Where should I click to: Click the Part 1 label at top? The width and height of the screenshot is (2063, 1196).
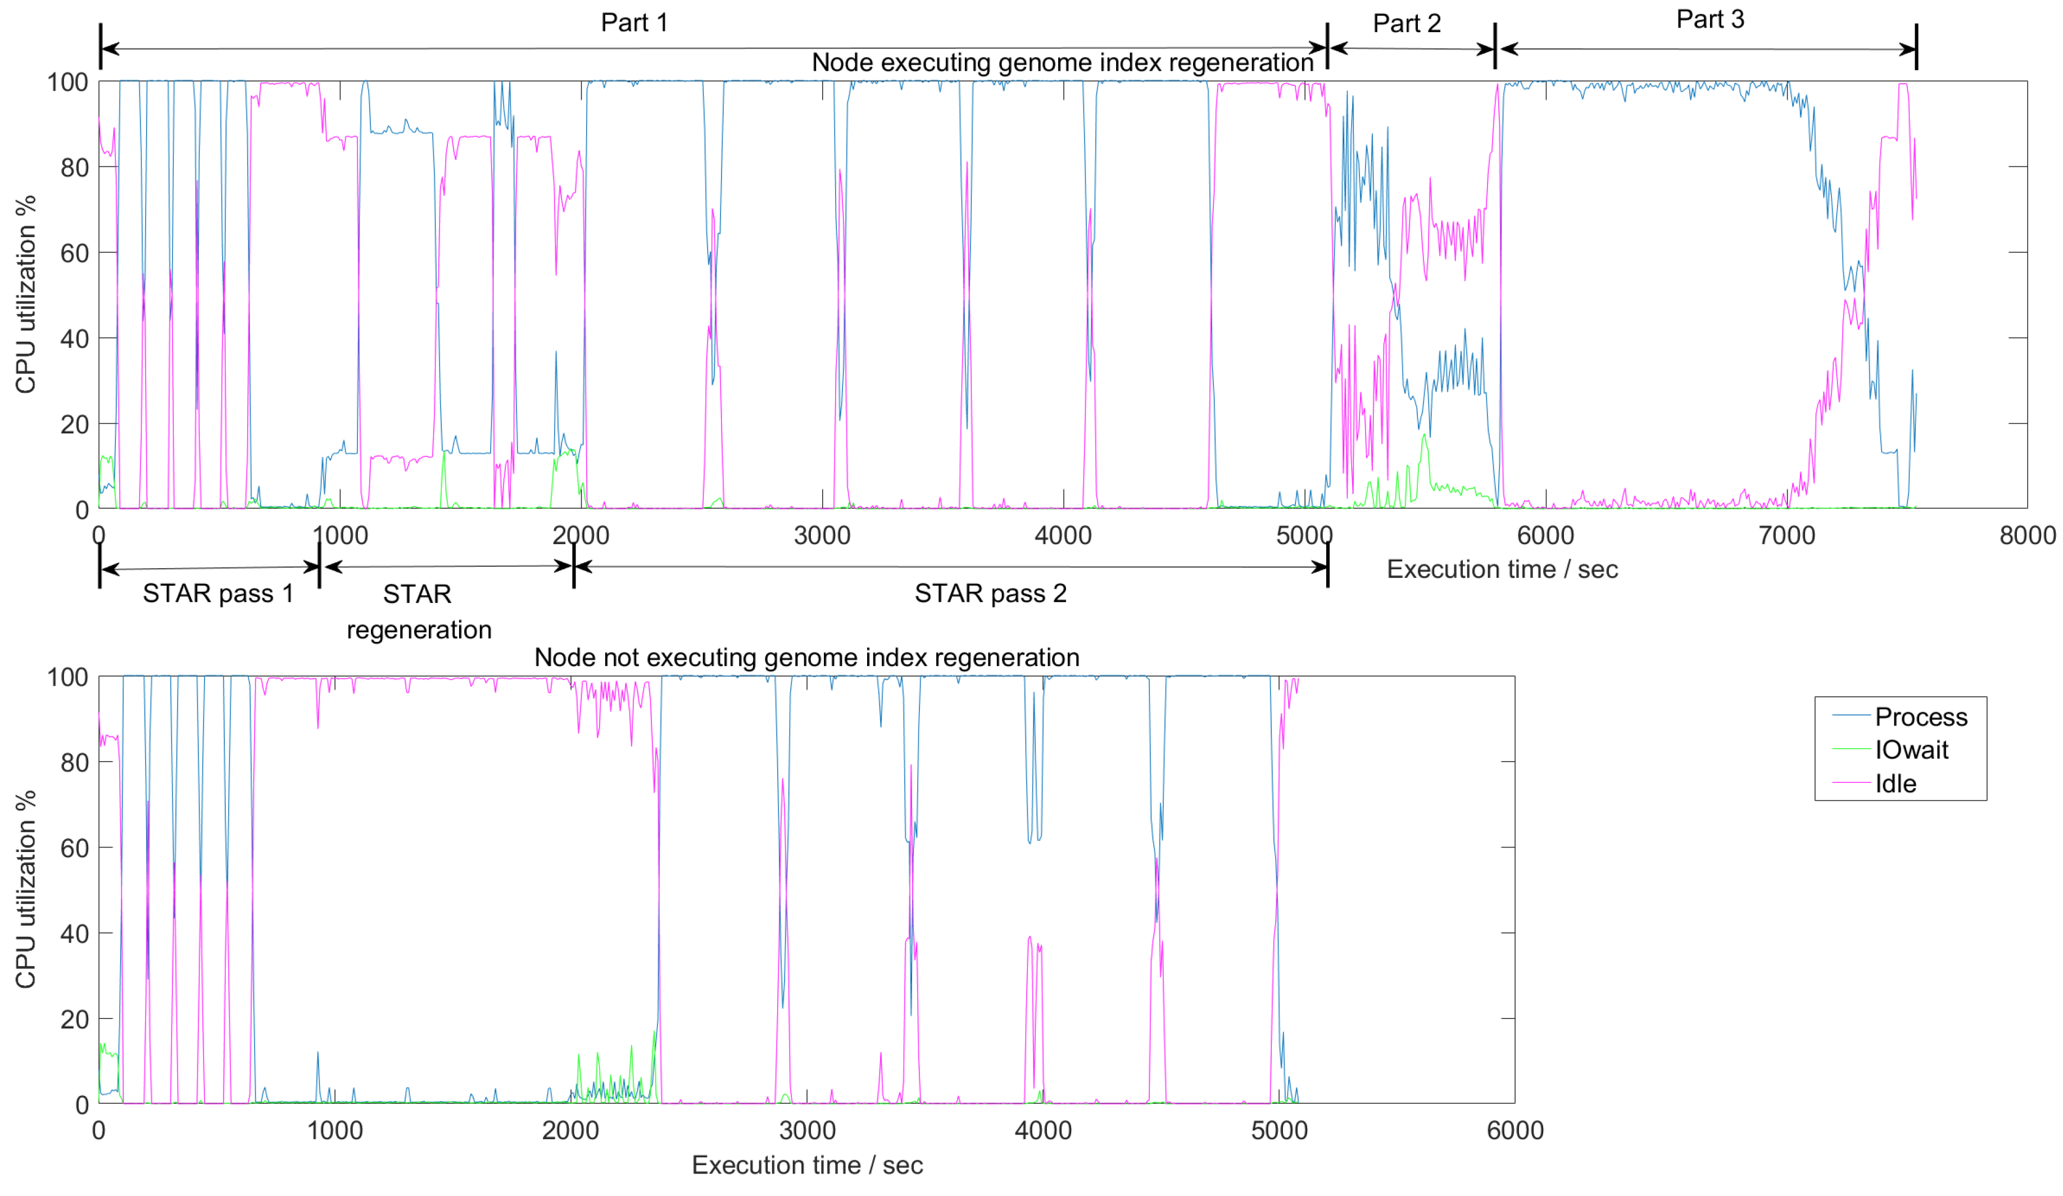pos(634,22)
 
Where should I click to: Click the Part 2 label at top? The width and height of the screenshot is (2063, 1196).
pos(1407,23)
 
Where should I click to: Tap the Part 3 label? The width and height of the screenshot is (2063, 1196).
pos(1710,19)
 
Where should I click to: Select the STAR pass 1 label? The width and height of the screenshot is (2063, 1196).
pos(217,593)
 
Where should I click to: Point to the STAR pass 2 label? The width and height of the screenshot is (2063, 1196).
pos(991,593)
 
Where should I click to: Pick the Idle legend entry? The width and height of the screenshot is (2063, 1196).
pos(1895,783)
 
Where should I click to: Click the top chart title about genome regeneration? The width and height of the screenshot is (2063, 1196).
pos(1062,62)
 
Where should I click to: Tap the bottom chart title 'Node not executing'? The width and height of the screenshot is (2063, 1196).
pos(806,658)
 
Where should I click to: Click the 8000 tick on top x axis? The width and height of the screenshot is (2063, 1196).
pos(2027,536)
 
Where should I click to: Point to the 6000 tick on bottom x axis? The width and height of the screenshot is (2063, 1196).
pos(1515,1130)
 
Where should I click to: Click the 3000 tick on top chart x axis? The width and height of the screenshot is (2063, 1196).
pos(822,536)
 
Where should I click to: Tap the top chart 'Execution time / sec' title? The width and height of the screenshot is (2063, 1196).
pos(1502,569)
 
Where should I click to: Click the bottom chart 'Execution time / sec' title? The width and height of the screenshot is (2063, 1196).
pos(807,1165)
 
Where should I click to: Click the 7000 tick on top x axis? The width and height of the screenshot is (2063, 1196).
pos(1787,536)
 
